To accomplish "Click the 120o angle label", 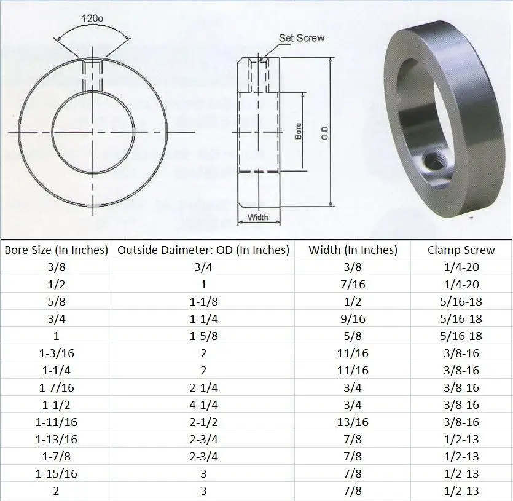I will click(x=92, y=18).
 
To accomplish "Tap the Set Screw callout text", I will click(x=301, y=38).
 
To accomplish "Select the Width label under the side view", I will click(x=258, y=217).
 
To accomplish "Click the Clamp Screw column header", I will click(x=461, y=250).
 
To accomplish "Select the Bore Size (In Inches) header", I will click(x=56, y=250).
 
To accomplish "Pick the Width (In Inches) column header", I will click(x=353, y=250).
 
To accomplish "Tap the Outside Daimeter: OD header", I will click(x=203, y=250).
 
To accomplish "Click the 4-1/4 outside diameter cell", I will click(x=203, y=405).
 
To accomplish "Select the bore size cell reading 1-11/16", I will click(x=56, y=422).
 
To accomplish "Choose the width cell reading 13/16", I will click(x=353, y=422).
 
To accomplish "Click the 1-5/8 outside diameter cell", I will click(x=203, y=336).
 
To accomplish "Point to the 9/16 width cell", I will click(x=353, y=319).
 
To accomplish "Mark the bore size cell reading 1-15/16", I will click(x=56, y=474).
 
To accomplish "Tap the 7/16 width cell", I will click(x=353, y=285).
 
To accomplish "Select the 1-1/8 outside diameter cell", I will click(x=203, y=302).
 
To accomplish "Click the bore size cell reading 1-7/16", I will click(x=56, y=388).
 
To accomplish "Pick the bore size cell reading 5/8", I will click(x=56, y=302).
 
